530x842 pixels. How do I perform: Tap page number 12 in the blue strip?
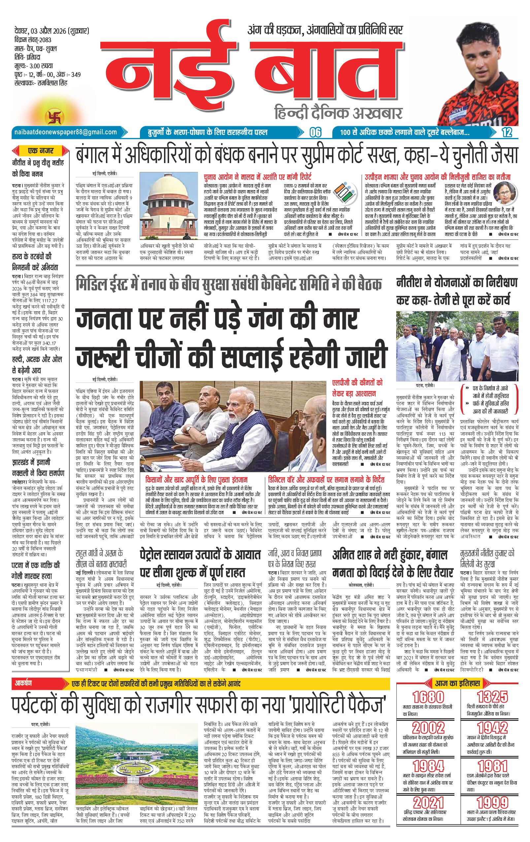tap(507, 133)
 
